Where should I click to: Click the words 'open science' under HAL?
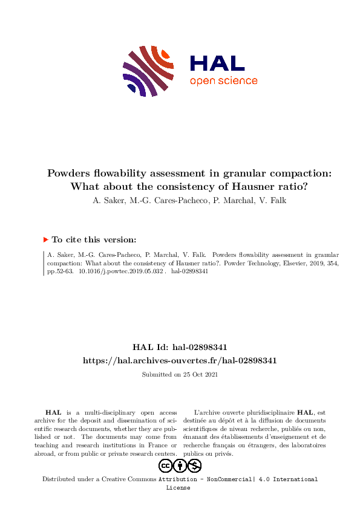pos(223,81)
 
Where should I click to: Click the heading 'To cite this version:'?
pos(94,240)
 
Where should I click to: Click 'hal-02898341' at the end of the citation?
pos(190,272)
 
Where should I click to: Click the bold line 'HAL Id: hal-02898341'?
pos(180,347)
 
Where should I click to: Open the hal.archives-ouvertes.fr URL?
pos(180,360)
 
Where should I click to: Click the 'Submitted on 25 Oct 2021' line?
pos(180,375)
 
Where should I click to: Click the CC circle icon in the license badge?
pos(165,465)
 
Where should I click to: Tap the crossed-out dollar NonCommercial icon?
pos(194,465)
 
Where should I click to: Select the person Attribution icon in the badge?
pos(180,465)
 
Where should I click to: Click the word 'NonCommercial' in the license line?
pos(226,479)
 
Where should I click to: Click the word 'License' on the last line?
pos(178,488)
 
